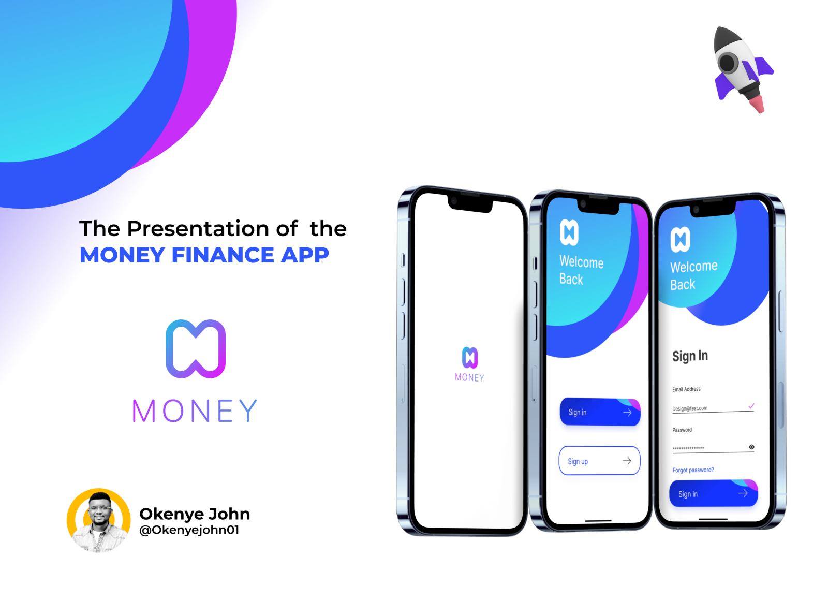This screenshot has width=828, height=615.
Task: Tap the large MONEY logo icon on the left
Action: (196, 348)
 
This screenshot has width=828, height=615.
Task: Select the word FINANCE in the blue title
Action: (221, 255)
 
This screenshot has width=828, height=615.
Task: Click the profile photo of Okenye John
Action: (98, 520)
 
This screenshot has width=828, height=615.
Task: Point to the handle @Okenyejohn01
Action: (189, 530)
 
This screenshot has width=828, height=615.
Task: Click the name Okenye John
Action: (195, 514)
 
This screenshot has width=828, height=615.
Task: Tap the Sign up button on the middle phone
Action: (599, 461)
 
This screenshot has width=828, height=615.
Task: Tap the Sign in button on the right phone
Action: (713, 493)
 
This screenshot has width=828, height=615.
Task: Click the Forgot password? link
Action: (693, 470)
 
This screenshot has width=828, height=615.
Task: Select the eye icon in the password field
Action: (751, 447)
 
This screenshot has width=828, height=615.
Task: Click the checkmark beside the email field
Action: (751, 406)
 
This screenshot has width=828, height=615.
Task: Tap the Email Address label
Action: (686, 389)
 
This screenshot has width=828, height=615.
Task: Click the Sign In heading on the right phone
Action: (690, 356)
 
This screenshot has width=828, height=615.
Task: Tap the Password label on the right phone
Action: (682, 430)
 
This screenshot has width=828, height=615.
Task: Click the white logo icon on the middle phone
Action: (569, 232)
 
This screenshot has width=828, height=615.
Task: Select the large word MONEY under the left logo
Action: (195, 411)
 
